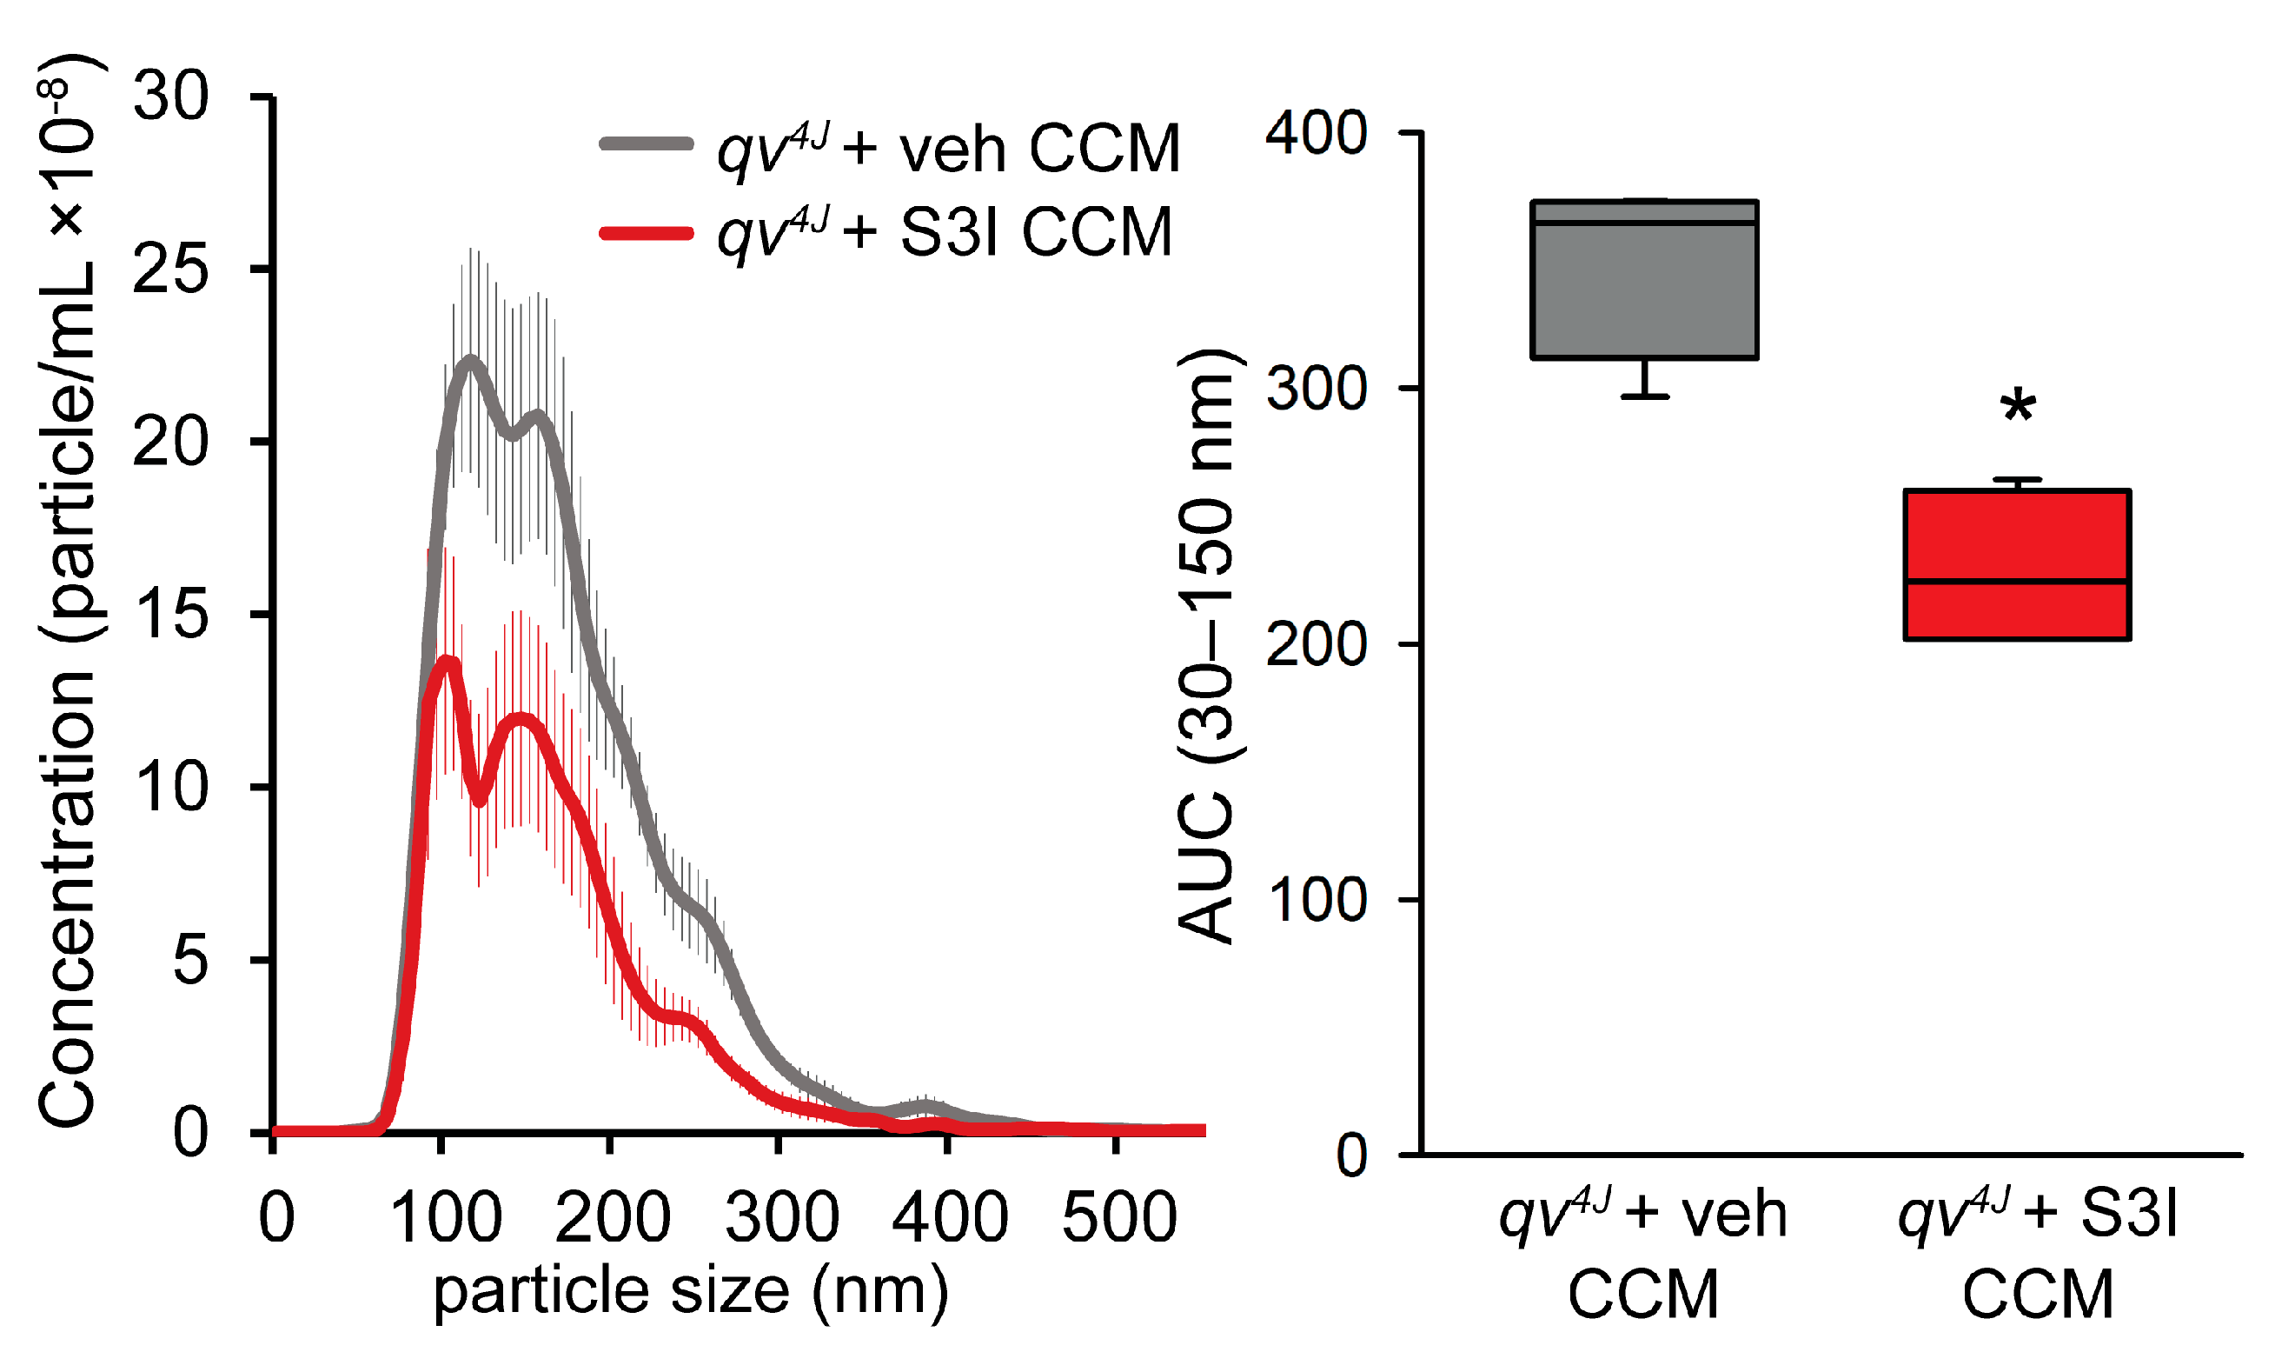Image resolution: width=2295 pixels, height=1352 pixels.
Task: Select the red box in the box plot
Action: click(2015, 565)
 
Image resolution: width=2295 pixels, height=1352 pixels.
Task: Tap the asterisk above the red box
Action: click(2017, 407)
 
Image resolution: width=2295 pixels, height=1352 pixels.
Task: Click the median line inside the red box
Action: click(2015, 580)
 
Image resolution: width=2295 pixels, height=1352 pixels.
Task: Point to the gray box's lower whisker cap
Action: click(1644, 396)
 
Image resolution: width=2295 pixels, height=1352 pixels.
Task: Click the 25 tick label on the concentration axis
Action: click(170, 270)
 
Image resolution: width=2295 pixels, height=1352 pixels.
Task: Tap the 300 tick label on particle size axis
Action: click(781, 1217)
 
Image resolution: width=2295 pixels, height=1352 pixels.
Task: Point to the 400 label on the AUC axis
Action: click(1316, 133)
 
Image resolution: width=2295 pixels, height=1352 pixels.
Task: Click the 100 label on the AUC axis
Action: click(1316, 900)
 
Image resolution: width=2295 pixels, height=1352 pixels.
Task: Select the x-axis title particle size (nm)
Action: click(690, 1292)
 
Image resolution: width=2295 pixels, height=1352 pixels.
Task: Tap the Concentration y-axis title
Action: click(69, 592)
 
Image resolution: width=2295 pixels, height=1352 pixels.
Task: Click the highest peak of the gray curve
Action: click(470, 361)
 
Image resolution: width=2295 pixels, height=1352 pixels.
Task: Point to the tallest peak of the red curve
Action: click(448, 662)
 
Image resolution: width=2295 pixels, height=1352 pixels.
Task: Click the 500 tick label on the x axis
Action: click(1119, 1217)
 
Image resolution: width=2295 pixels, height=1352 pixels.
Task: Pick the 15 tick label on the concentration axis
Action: click(170, 615)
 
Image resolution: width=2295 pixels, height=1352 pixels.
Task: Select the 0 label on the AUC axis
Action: click(1351, 1156)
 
